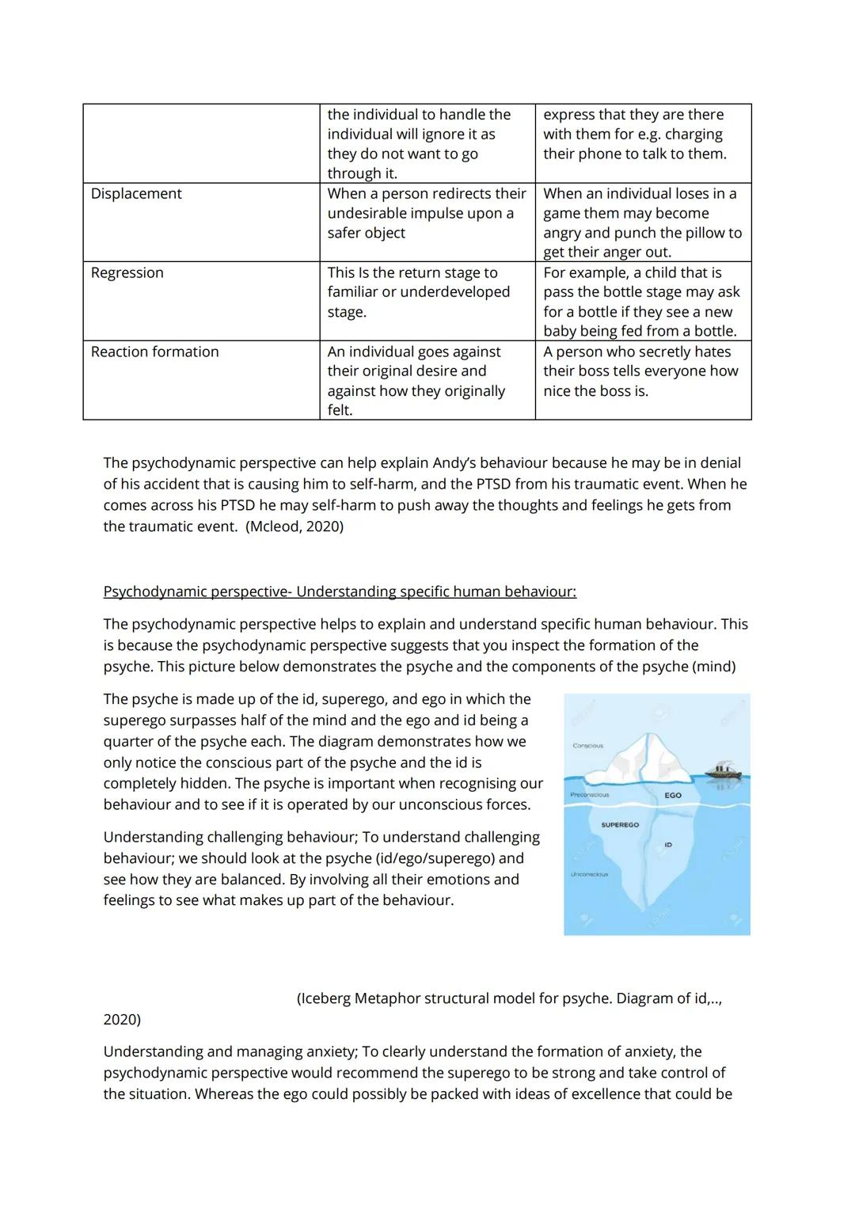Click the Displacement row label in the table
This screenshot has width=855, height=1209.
136,194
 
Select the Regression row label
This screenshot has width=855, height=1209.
127,273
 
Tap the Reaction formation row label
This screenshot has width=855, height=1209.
154,352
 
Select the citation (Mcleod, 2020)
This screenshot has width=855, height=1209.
294,527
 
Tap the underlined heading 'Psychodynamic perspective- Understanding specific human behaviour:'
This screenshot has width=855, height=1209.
340,592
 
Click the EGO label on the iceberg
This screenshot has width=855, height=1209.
673,795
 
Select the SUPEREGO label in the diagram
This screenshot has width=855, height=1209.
620,825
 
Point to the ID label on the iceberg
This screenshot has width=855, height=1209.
668,845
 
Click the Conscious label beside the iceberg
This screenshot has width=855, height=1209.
587,746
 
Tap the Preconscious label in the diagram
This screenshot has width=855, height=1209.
590,795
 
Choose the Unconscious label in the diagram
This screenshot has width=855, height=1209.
589,874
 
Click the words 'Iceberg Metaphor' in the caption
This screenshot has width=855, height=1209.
360,999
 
